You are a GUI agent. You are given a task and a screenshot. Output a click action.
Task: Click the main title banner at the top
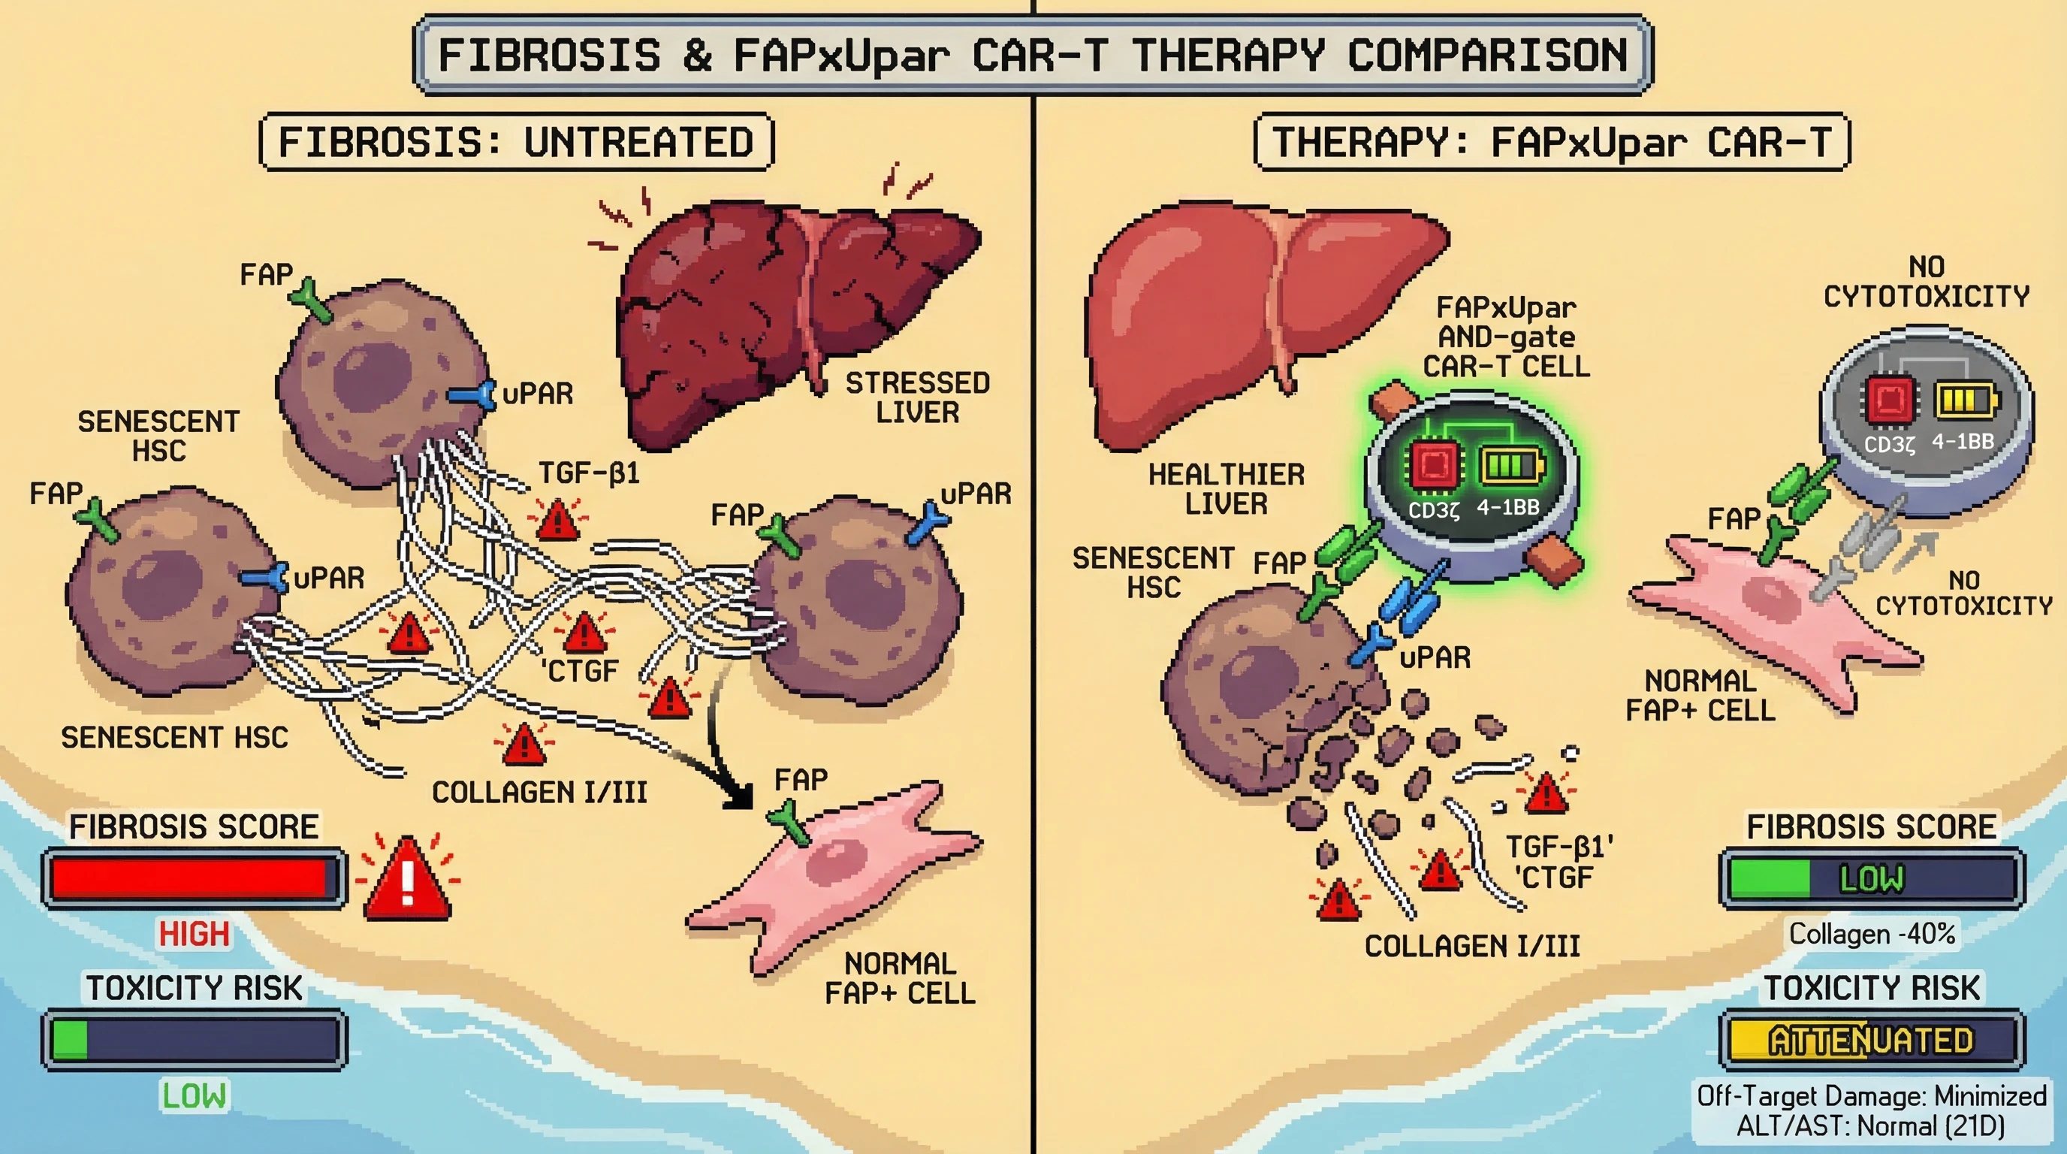coord(1033,55)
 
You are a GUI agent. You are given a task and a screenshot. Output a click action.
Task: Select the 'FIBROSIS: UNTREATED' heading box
coord(516,142)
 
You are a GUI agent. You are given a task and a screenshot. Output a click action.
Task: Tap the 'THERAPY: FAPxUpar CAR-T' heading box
coord(1551,142)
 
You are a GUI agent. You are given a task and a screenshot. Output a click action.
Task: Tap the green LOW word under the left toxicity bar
coord(195,1095)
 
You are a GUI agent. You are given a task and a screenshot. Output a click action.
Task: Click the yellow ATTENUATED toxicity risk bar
coord(1870,1041)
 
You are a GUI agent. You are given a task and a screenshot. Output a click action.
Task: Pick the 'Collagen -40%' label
coord(1871,934)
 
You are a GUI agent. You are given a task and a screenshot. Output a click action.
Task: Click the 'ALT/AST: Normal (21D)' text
coord(1870,1127)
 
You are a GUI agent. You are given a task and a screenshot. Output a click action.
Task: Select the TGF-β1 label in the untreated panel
coord(589,473)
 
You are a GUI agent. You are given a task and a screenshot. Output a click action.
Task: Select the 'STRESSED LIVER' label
coord(917,397)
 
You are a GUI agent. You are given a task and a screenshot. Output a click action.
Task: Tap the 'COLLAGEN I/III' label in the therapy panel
coord(1472,946)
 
